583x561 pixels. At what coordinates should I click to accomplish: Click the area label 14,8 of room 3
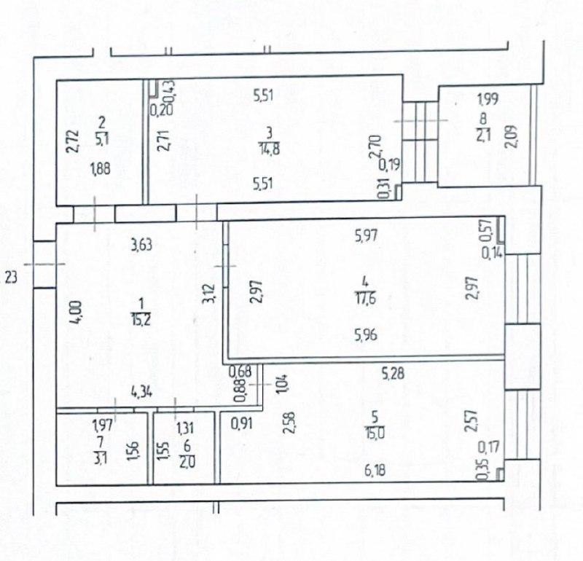point(270,149)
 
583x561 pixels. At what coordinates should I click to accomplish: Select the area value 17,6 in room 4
point(366,297)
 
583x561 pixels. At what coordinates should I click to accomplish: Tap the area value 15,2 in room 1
point(141,319)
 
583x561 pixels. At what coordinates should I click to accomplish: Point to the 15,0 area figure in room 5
point(375,433)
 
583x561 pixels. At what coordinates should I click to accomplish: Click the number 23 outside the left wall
point(11,278)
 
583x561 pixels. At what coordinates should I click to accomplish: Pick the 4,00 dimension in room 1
point(76,313)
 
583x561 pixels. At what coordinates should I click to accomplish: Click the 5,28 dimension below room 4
point(394,373)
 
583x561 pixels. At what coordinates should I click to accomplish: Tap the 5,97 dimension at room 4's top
point(367,235)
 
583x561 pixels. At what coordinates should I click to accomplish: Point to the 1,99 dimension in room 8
point(488,99)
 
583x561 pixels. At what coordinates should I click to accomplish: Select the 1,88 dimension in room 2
point(101,169)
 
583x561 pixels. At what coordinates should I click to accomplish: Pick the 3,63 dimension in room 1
point(141,245)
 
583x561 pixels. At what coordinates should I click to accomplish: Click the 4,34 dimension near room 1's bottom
point(141,392)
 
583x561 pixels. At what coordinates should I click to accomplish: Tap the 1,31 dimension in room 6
point(185,428)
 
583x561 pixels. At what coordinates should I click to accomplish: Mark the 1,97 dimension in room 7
point(102,424)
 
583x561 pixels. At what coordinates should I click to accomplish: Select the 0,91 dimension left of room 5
point(242,423)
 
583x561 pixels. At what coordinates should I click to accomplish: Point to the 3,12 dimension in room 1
point(209,294)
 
